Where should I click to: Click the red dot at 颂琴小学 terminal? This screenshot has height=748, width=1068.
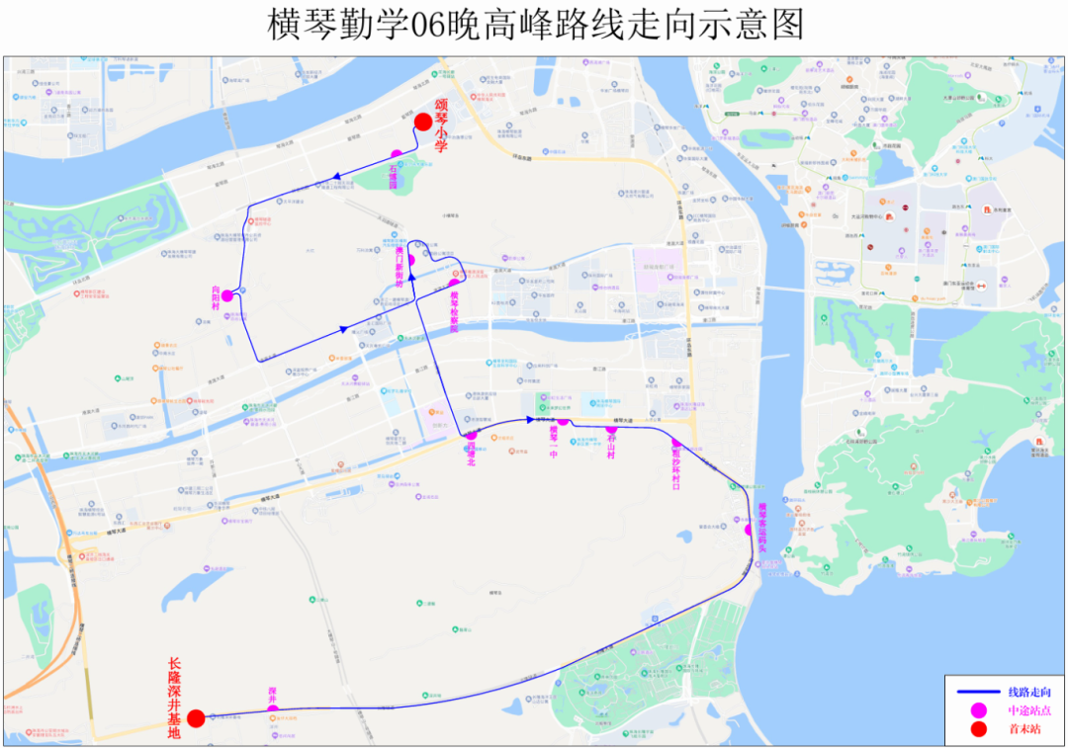(423, 122)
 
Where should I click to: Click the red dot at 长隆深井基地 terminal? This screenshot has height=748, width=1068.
(196, 718)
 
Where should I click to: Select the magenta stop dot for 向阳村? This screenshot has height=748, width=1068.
(226, 295)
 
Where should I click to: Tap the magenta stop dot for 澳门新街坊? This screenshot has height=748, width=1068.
(410, 260)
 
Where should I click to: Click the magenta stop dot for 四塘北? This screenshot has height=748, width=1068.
(472, 435)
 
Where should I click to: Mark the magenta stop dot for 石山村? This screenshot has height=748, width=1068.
(611, 428)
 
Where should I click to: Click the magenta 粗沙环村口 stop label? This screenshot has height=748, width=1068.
(676, 465)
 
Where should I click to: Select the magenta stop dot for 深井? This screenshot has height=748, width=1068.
(272, 708)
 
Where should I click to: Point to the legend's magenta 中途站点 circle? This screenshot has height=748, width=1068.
(979, 709)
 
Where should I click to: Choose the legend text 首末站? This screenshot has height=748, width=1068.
(1023, 729)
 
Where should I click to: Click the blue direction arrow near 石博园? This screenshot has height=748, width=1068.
(337, 178)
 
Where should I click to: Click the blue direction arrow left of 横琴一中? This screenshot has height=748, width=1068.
(530, 420)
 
